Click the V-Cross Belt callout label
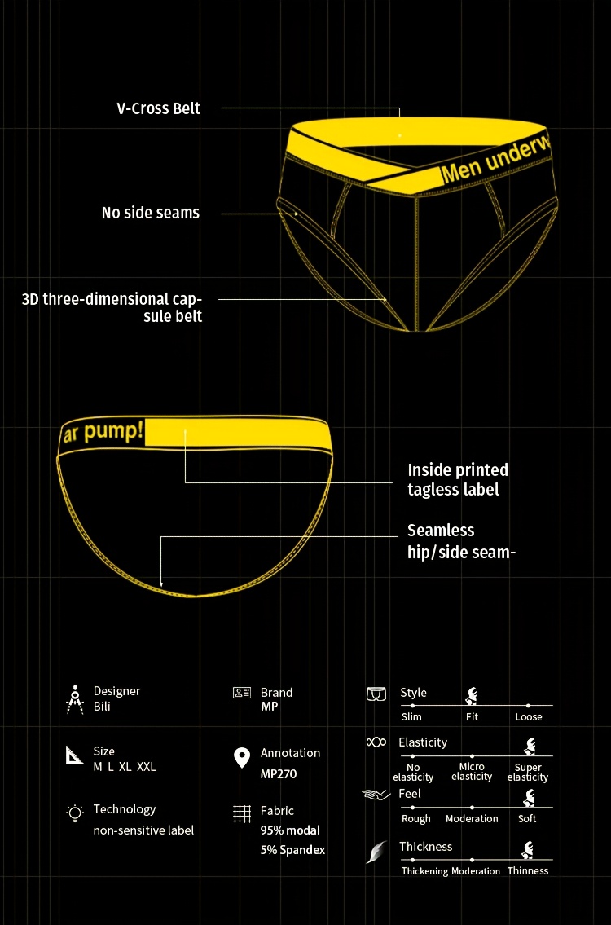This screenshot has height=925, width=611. tap(159, 109)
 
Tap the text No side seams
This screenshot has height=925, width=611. tap(151, 213)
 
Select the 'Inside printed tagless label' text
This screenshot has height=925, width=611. tap(458, 479)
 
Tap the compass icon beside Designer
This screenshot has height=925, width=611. tap(74, 699)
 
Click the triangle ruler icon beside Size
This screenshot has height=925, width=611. tap(74, 755)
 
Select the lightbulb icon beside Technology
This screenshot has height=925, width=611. tap(75, 813)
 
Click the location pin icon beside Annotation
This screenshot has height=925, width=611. tap(242, 758)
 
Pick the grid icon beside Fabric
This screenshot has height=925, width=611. tap(242, 814)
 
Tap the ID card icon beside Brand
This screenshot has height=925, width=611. tap(242, 693)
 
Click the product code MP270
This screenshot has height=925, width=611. tap(279, 774)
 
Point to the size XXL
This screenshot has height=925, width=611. tap(147, 767)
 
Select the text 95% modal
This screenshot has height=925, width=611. tap(290, 830)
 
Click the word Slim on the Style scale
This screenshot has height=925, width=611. tap(411, 716)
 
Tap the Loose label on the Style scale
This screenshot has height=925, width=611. tap(529, 716)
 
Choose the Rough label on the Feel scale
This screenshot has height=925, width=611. tap(415, 819)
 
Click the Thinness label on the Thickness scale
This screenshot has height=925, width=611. tap(528, 870)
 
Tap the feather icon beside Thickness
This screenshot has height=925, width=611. tap(376, 852)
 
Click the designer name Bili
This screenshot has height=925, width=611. tap(102, 706)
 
